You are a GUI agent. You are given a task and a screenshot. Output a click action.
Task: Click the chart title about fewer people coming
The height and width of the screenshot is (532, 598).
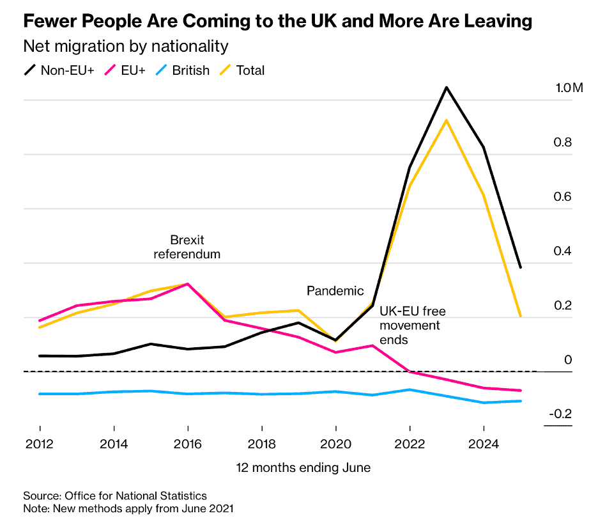[278, 21]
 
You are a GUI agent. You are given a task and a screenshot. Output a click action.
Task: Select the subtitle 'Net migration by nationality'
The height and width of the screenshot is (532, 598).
[126, 47]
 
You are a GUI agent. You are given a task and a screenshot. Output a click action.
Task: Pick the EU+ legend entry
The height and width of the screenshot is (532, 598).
[126, 70]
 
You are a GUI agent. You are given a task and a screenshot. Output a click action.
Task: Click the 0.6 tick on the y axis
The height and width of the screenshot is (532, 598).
[563, 196]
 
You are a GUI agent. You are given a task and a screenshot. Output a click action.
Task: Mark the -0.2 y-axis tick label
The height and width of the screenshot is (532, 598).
[560, 414]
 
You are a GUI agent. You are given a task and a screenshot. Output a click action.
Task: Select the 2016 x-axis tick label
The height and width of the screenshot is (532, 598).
[187, 444]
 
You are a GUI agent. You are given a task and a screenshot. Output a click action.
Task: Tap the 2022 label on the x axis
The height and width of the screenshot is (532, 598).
[410, 444]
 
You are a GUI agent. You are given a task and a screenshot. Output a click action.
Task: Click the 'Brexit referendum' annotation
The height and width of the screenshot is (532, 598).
[187, 247]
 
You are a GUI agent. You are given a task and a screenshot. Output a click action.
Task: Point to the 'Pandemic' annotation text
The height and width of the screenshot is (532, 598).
[335, 291]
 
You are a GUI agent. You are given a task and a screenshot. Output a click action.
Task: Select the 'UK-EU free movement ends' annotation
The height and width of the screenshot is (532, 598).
[412, 325]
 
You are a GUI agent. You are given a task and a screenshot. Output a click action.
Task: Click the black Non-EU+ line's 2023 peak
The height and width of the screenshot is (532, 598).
[446, 87]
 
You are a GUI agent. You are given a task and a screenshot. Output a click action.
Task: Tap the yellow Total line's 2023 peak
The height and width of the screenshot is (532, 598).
[446, 120]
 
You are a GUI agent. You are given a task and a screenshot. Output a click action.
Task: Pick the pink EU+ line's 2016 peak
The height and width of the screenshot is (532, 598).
[187, 283]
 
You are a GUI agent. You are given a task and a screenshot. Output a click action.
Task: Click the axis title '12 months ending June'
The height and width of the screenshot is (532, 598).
[303, 467]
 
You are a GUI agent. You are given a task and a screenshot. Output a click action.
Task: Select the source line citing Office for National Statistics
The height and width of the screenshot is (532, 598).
[115, 496]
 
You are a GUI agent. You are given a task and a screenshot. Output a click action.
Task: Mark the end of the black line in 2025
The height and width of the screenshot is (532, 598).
[521, 267]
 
